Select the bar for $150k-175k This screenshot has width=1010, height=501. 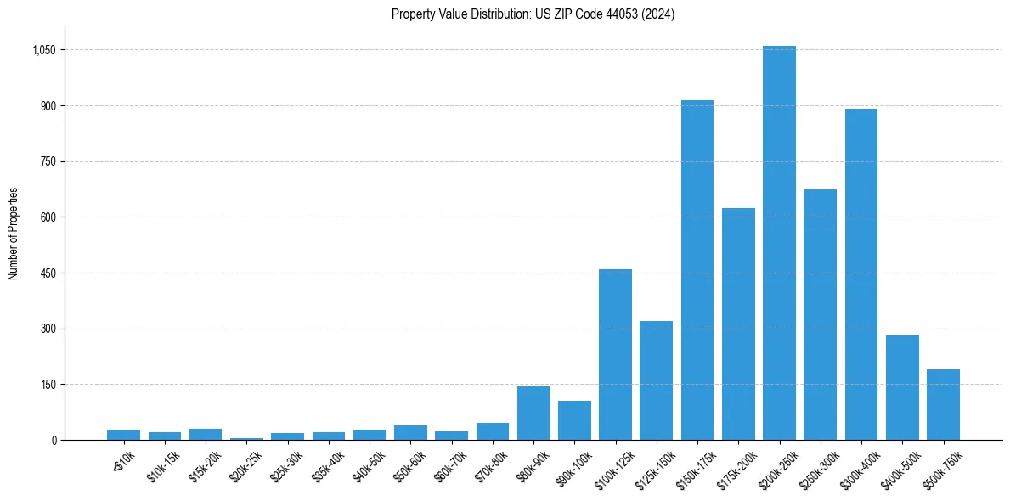pos(697,270)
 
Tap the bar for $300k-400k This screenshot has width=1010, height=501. pos(860,274)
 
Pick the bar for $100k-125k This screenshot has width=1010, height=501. pos(615,354)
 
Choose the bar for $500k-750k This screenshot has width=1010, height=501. pos(943,404)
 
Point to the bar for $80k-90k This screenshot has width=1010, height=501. pos(533,413)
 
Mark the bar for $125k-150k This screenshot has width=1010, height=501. pos(656,380)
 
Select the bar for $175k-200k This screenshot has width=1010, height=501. pos(738,324)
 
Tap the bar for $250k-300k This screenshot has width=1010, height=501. pos(820,314)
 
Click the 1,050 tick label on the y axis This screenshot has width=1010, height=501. pos(42,50)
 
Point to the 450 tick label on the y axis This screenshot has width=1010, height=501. pos(48,273)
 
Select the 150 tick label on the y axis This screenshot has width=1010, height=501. pos(48,385)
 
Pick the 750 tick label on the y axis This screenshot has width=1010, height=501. pos(48,161)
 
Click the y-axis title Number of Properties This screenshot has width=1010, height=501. pos(13,233)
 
